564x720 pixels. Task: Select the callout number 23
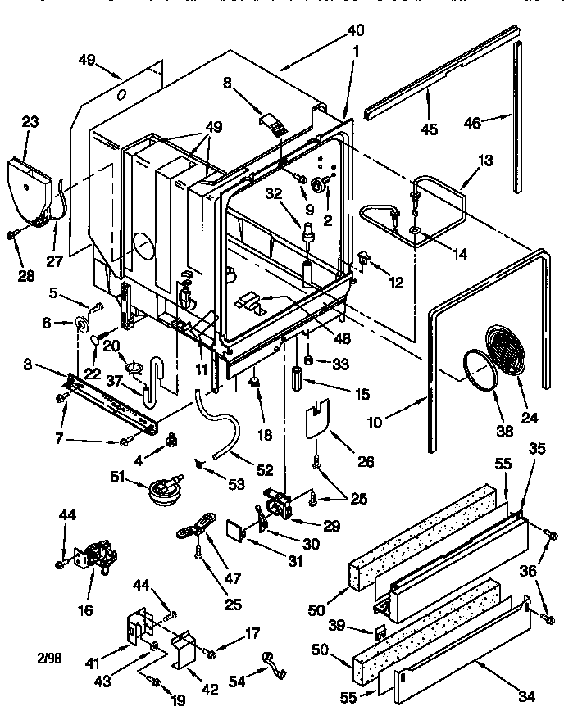pyautogui.click(x=30, y=122)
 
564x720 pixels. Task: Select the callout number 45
pyautogui.click(x=430, y=129)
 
